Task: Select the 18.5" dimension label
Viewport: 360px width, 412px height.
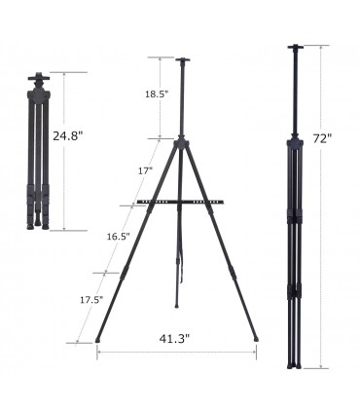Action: tap(157, 94)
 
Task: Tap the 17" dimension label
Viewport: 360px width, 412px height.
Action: tap(145, 170)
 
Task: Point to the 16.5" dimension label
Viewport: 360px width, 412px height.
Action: tap(119, 237)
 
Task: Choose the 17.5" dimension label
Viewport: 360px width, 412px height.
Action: tap(91, 300)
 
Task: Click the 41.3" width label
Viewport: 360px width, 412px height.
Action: tap(174, 339)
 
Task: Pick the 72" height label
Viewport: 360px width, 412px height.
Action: tap(323, 139)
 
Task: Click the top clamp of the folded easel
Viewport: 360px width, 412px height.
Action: tap(39, 77)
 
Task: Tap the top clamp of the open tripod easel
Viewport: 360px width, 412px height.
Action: tap(183, 60)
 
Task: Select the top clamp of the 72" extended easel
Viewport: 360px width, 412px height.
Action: tap(295, 47)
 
